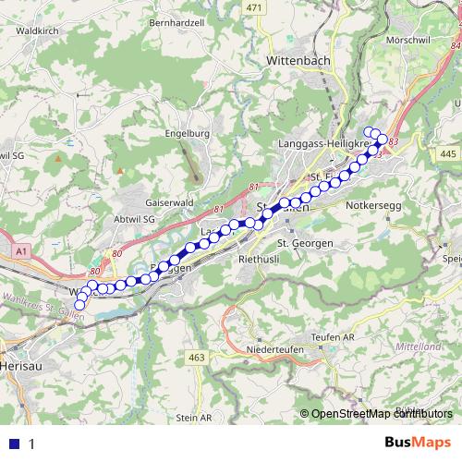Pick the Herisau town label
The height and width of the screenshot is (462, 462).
click(20, 366)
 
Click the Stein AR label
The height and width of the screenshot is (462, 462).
click(193, 418)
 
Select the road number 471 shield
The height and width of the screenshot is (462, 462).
click(256, 7)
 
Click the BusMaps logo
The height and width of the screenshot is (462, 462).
click(418, 443)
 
